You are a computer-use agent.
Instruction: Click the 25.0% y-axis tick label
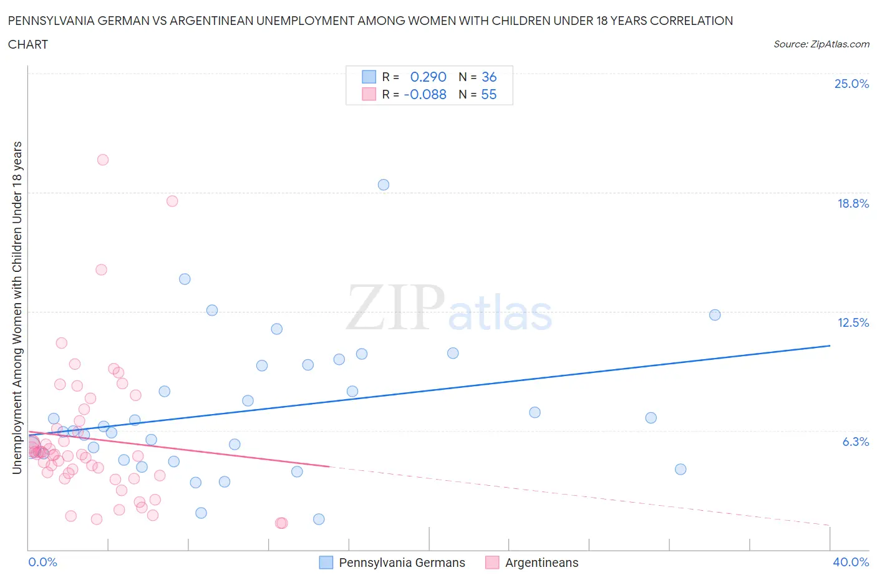tap(851, 84)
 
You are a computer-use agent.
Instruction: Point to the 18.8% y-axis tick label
tap(853, 203)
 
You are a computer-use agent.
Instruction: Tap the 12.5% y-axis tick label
tap(853, 322)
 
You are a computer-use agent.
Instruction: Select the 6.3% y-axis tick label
tap(855, 442)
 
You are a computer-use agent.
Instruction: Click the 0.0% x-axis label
tap(42, 562)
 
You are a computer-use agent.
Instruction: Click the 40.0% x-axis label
tap(851, 562)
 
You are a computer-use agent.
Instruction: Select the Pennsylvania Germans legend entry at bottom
tap(392, 563)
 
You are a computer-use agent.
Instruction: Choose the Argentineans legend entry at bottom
tap(532, 563)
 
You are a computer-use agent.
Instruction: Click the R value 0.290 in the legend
tap(428, 77)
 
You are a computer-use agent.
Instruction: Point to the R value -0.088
tap(425, 94)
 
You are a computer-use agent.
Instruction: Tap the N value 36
tap(489, 77)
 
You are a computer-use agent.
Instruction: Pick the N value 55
tap(489, 94)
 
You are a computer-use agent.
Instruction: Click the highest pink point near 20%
tap(103, 160)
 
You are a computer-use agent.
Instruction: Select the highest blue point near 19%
tap(384, 185)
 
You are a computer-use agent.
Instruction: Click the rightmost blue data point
tap(715, 315)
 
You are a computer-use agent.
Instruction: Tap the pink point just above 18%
tap(172, 201)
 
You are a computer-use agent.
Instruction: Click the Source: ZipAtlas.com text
tap(821, 44)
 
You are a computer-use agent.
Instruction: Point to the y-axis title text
tap(17, 307)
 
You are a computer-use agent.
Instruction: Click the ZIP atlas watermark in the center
tap(449, 309)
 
